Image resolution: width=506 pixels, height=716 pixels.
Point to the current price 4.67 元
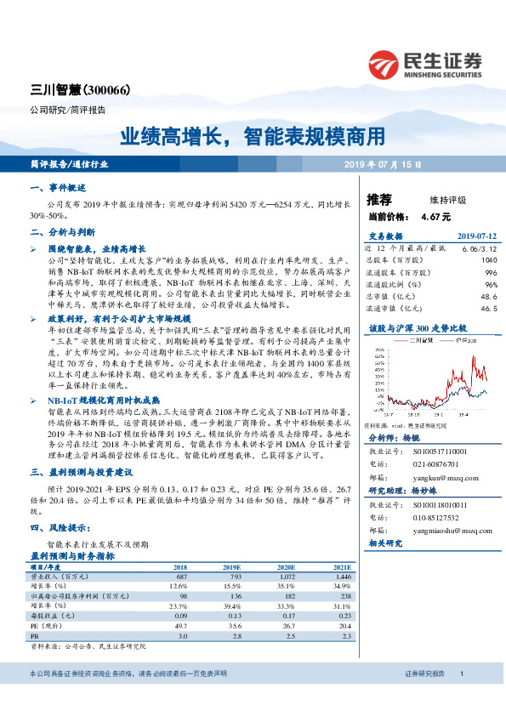pos(435,217)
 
